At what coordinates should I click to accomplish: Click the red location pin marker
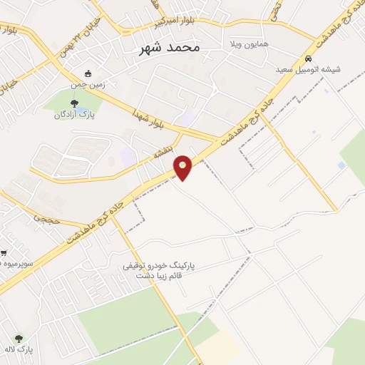[x=183, y=167]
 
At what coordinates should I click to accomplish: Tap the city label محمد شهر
[x=169, y=47]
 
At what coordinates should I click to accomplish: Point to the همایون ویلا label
[x=249, y=44]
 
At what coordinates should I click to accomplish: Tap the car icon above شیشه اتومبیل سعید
[x=308, y=59]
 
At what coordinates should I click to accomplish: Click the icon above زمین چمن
[x=88, y=73]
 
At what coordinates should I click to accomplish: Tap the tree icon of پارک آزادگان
[x=74, y=104]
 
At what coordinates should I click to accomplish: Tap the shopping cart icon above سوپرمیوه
[x=4, y=253]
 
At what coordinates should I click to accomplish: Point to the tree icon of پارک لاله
[x=19, y=339]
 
